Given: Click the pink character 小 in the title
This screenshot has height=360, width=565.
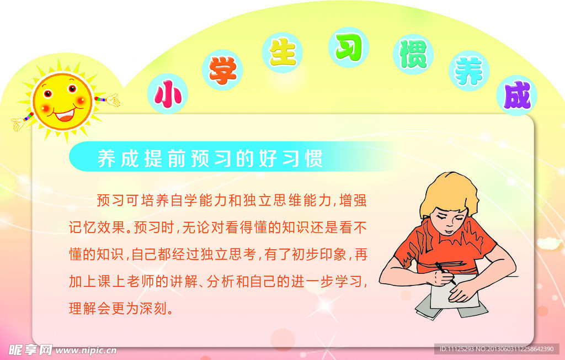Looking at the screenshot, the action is (167, 94).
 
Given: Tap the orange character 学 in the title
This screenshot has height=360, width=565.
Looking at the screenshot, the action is (223, 70).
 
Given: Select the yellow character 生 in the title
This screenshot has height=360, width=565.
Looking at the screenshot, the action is (283, 52).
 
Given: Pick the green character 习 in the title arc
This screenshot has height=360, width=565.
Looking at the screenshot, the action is (349, 47).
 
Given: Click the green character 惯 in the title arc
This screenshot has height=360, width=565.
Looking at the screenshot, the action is (413, 54).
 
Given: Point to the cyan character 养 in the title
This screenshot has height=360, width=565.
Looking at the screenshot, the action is (469, 71).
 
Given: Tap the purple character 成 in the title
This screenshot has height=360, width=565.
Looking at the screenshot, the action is (517, 95).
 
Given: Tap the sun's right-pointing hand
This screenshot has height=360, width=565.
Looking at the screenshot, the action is (113, 100).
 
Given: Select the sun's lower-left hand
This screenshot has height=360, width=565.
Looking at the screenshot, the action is (18, 124).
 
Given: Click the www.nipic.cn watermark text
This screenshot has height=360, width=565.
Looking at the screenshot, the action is (86, 350).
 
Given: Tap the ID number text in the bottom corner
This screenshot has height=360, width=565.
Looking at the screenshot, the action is (496, 349).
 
